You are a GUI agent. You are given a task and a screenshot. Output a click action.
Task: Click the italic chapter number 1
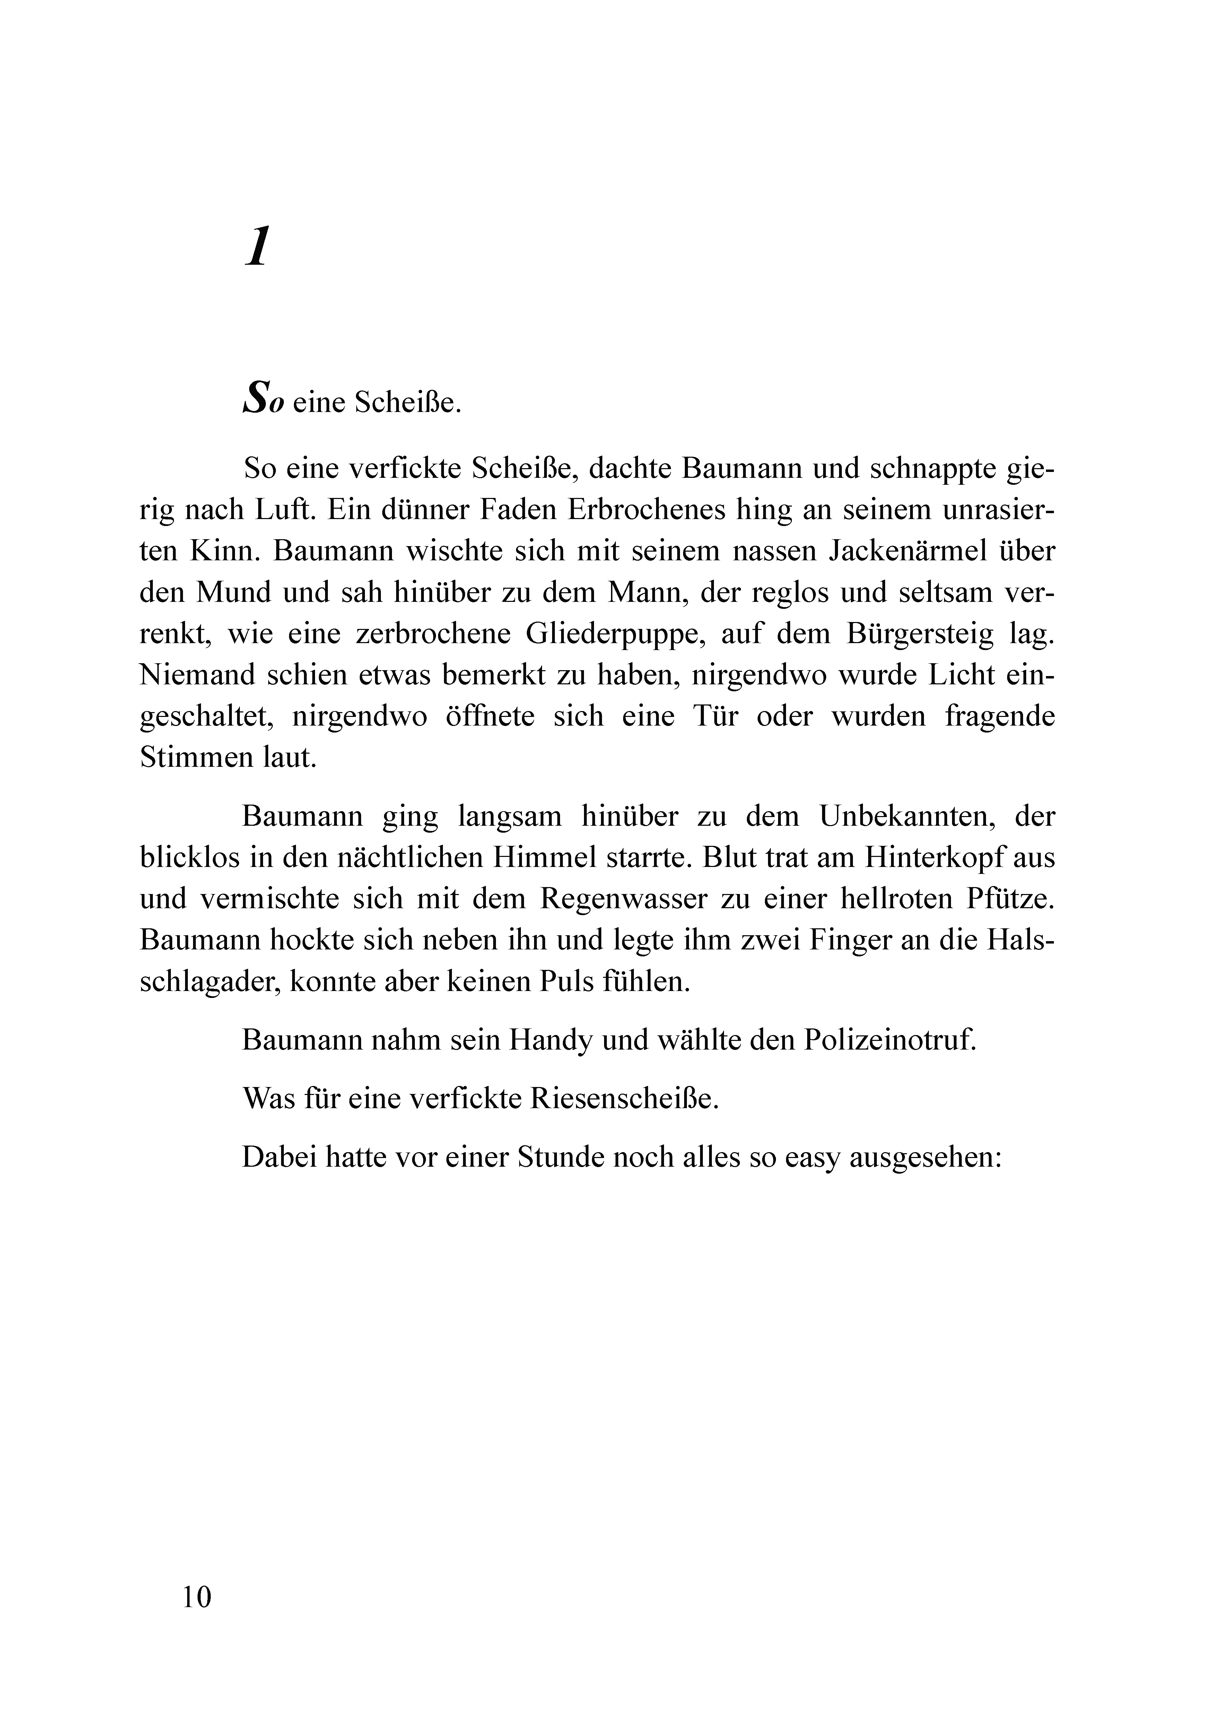[x=256, y=248]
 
